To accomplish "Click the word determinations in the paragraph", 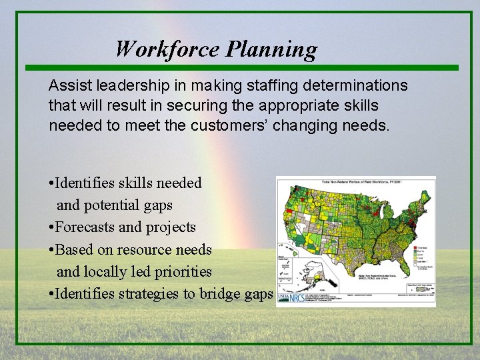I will (355, 86).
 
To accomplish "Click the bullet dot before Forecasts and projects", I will (51, 228).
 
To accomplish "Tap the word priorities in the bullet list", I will (181, 272).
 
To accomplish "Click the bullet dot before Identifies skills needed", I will (51, 183).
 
